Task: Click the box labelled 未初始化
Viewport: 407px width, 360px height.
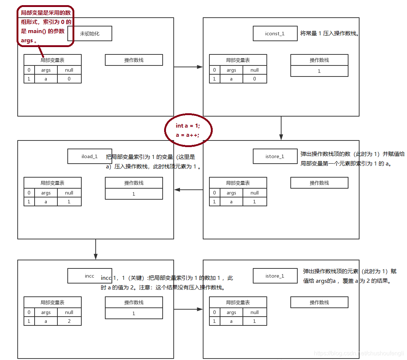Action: click(x=89, y=33)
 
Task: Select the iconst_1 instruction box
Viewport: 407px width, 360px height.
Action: click(x=275, y=33)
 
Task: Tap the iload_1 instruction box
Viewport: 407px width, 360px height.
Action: click(x=89, y=156)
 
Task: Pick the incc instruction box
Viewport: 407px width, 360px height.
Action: click(x=89, y=276)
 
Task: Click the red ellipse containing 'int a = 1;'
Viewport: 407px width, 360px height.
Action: click(x=188, y=130)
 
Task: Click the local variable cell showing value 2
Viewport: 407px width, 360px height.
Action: click(x=69, y=321)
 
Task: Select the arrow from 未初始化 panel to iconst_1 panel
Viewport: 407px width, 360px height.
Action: click(x=188, y=67)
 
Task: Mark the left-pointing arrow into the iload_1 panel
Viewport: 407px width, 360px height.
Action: click(x=188, y=190)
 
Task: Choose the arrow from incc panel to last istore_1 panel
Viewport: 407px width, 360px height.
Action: click(x=188, y=309)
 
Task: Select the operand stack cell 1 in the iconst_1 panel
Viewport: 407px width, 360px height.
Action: click(x=319, y=71)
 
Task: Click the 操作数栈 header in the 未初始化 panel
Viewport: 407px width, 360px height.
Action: click(x=134, y=60)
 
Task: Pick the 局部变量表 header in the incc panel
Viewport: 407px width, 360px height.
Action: click(x=52, y=302)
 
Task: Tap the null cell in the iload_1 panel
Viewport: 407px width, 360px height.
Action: click(x=69, y=193)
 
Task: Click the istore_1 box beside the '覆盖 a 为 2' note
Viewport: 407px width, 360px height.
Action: click(x=275, y=276)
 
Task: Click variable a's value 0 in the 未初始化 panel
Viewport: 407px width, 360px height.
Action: click(x=69, y=79)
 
